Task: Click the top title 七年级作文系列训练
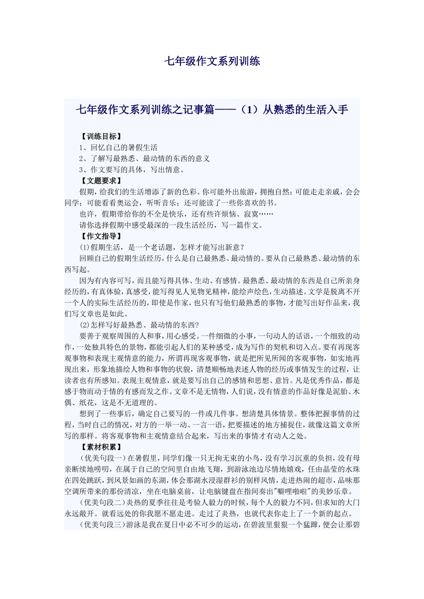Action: (x=212, y=61)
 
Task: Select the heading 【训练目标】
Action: (x=101, y=136)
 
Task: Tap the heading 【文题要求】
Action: (x=101, y=181)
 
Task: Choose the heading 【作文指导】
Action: (x=101, y=236)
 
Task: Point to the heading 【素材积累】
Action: (x=101, y=447)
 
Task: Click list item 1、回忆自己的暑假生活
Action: (x=118, y=148)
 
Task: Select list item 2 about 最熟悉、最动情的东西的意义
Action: (x=145, y=159)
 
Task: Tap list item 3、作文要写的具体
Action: (x=132, y=170)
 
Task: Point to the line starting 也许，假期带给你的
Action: (x=177, y=214)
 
